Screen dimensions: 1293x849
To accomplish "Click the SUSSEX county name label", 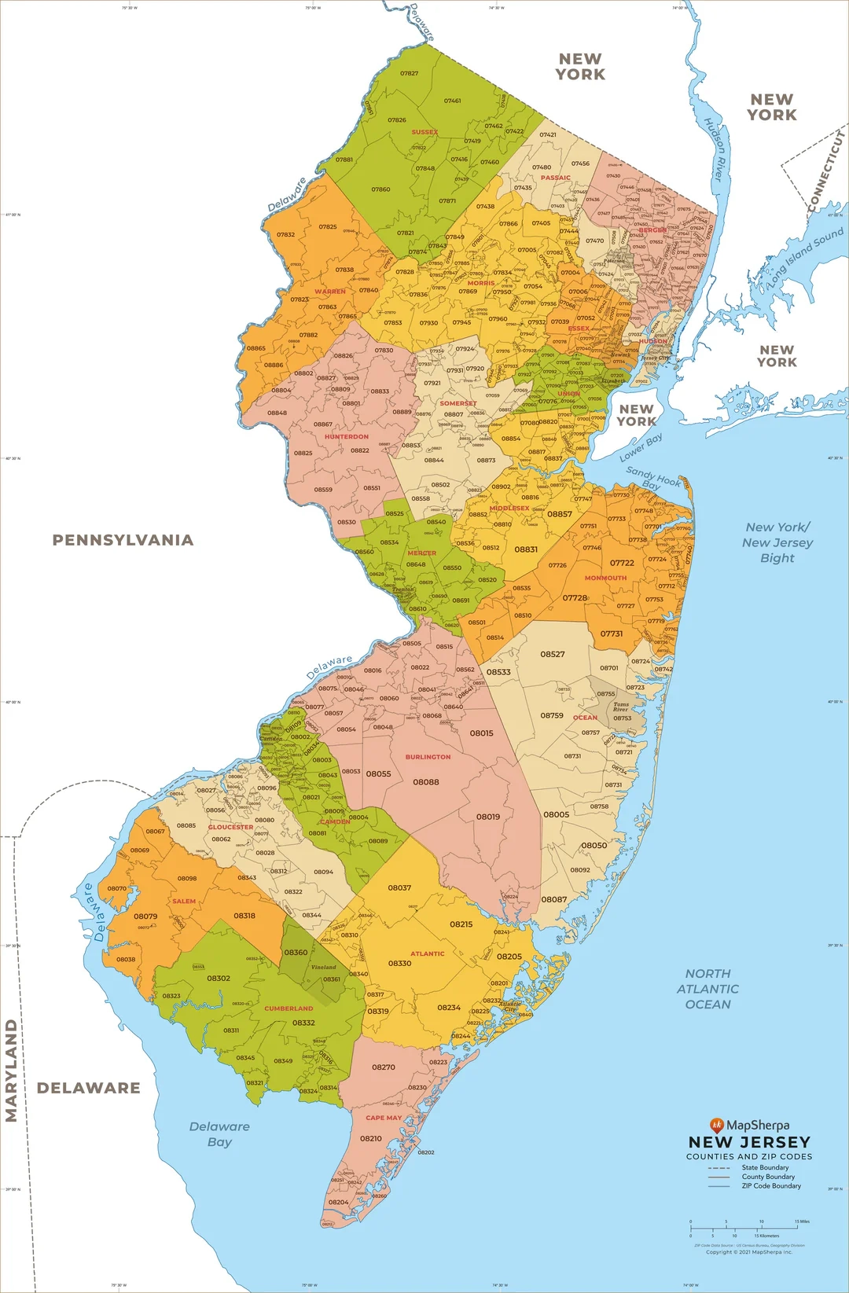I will point(424,132).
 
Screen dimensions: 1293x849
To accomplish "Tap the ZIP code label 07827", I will point(409,73).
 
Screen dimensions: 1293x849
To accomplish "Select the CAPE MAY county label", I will point(384,1117).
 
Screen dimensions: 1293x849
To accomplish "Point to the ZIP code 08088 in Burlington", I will point(426,782).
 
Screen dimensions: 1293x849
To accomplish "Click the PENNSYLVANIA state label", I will point(123,540).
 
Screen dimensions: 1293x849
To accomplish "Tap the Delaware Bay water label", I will point(219,1133).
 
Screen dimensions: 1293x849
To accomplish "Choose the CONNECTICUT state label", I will point(826,172).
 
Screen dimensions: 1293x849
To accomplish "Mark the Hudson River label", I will point(714,149).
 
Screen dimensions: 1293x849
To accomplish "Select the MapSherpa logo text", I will point(757,1125).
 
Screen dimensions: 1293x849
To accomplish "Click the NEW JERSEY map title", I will point(749,1142).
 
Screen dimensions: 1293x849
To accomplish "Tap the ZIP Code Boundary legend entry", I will point(771,1186).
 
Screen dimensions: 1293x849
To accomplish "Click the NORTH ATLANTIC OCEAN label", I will point(707,989).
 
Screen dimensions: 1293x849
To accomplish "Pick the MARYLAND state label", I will point(11,1070).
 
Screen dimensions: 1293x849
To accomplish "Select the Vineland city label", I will point(323,967).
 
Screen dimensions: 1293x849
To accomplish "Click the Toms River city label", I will point(621,707).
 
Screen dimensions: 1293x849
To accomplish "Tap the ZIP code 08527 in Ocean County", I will point(552,654).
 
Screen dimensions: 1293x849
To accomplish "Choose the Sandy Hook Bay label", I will point(652,479).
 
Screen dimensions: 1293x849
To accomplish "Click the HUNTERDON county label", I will point(347,436).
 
